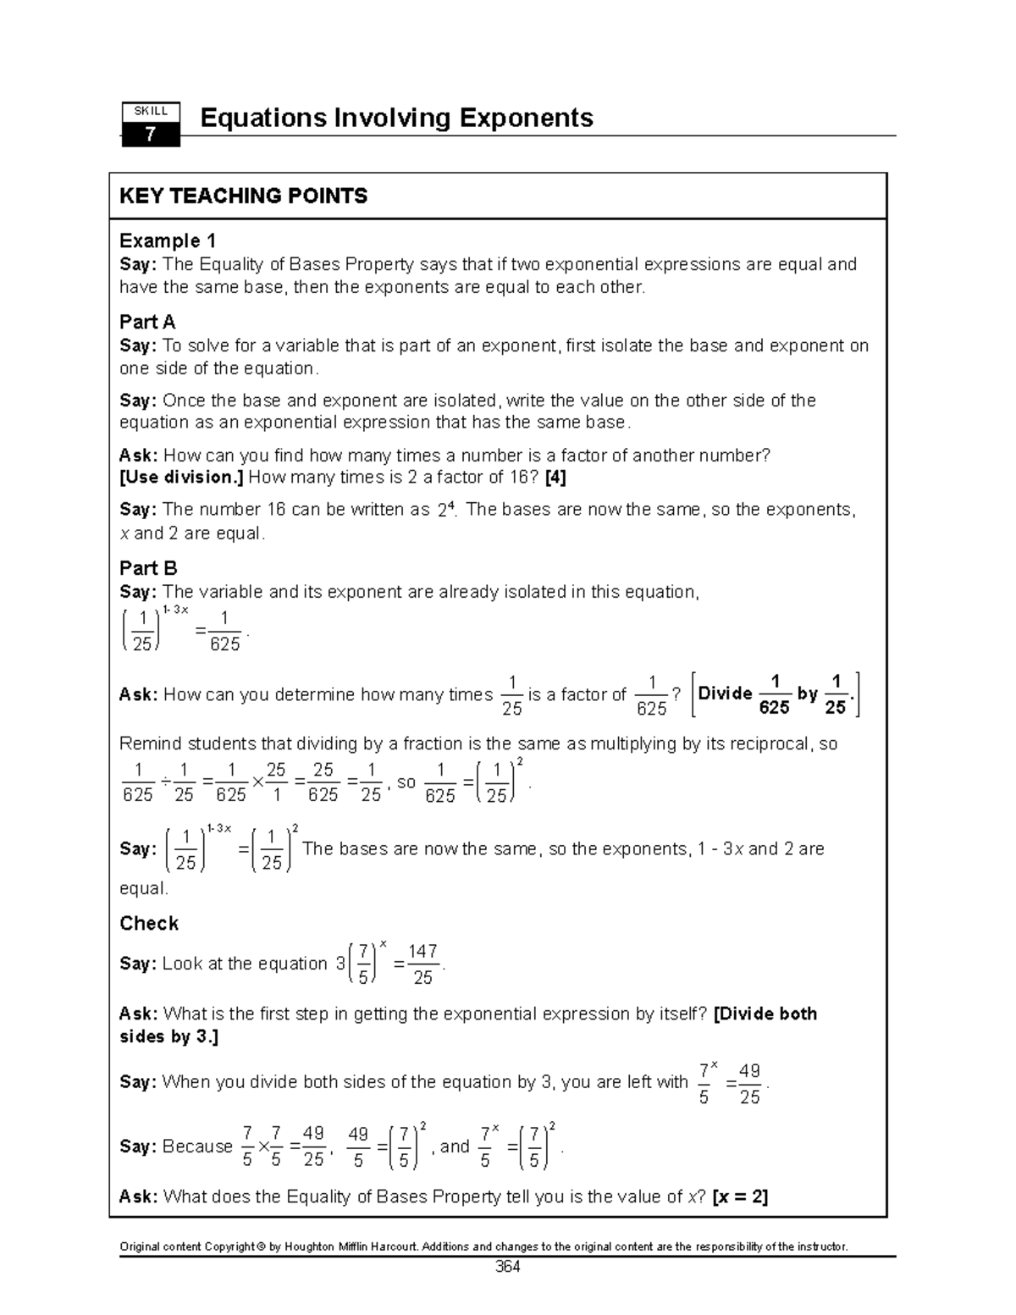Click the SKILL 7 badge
pyautogui.click(x=151, y=124)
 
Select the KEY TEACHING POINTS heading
pyautogui.click(x=243, y=196)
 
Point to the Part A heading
pyautogui.click(x=147, y=322)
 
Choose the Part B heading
pyautogui.click(x=148, y=568)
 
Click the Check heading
pyautogui.click(x=149, y=923)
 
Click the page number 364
pyautogui.click(x=507, y=1268)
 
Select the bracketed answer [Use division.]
pyautogui.click(x=181, y=478)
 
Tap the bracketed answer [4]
pyautogui.click(x=555, y=478)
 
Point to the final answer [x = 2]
pyautogui.click(x=740, y=1196)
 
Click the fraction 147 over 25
pyautogui.click(x=422, y=964)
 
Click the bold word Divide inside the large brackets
pyautogui.click(x=725, y=694)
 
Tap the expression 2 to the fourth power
pyautogui.click(x=447, y=510)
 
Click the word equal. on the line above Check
pyautogui.click(x=144, y=888)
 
